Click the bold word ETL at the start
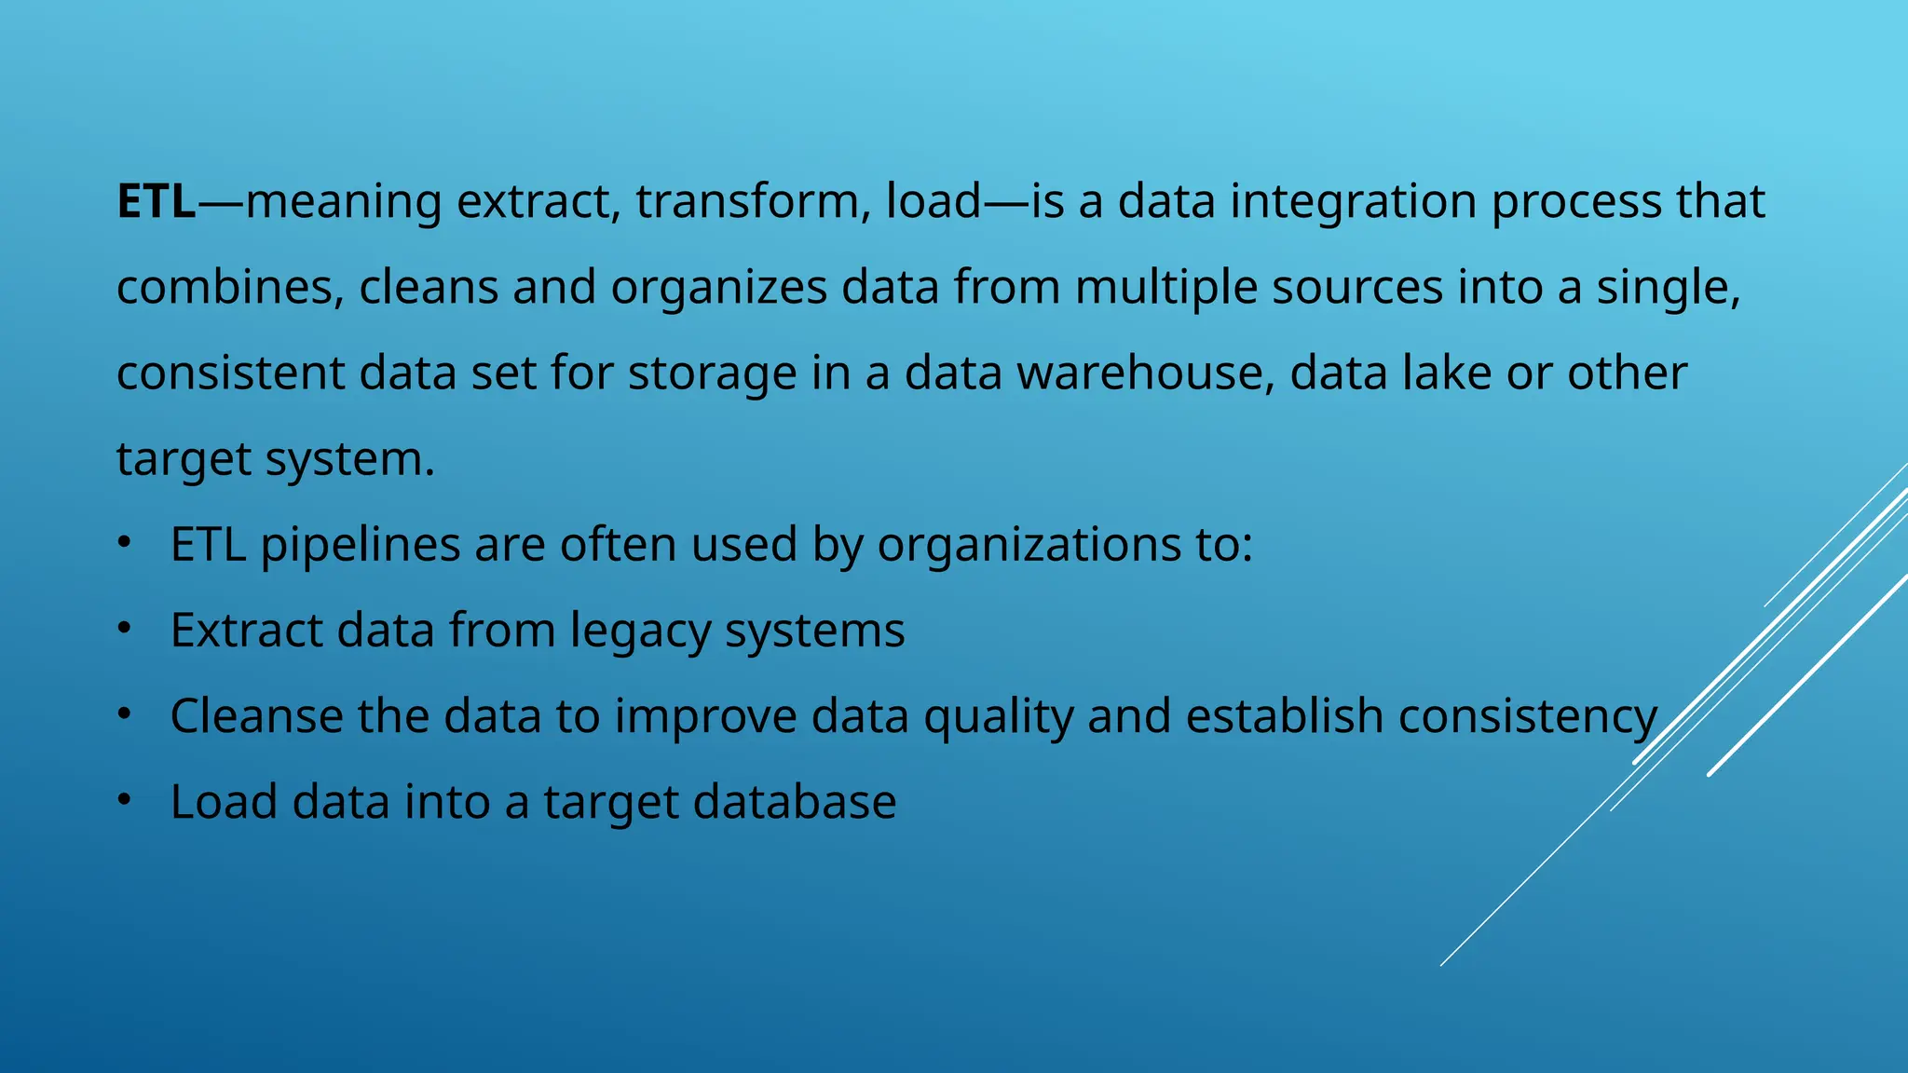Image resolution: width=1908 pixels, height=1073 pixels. click(157, 201)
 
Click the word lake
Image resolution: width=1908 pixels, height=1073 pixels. click(1447, 373)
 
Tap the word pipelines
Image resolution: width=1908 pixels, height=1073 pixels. click(360, 546)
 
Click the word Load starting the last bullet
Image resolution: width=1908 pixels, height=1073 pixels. click(224, 802)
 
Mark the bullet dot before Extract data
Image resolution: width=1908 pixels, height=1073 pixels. click(125, 630)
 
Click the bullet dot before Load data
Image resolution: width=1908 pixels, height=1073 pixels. click(125, 801)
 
